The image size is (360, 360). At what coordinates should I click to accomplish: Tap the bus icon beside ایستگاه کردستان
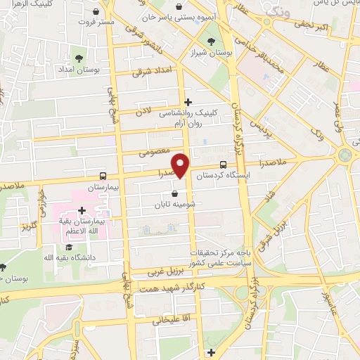(x=193, y=176)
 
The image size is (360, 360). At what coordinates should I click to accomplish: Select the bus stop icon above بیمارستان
(x=103, y=176)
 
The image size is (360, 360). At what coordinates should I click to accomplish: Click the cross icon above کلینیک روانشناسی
(x=188, y=102)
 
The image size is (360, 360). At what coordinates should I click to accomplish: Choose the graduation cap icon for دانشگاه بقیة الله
(x=70, y=247)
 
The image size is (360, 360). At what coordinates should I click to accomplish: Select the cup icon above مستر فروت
(x=96, y=9)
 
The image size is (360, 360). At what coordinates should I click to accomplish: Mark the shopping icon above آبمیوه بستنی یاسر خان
(x=182, y=7)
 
